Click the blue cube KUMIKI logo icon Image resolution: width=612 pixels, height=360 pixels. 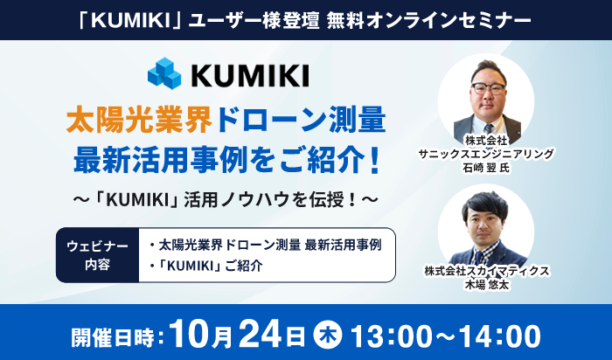click(164, 73)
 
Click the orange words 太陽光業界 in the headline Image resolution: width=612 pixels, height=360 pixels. click(139, 121)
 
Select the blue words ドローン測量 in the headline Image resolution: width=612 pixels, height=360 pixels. click(302, 121)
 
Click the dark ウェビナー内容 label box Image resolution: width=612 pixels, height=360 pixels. click(98, 255)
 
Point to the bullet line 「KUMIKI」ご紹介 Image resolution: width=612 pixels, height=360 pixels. click(206, 266)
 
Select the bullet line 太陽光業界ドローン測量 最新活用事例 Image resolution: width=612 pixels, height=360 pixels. click(266, 246)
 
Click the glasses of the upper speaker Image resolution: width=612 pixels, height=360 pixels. click(488, 88)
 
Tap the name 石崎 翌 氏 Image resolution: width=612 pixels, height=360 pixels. click(486, 168)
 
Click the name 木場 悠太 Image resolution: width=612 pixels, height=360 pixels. click(487, 285)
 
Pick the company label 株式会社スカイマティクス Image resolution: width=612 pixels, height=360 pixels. click(487, 271)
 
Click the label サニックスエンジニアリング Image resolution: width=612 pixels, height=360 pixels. click(486, 154)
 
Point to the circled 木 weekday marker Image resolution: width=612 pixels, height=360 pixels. click(328, 335)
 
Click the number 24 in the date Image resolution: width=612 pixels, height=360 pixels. click(260, 335)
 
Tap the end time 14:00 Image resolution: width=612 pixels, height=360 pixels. click(500, 336)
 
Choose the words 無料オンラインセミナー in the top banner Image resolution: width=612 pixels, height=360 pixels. click(429, 21)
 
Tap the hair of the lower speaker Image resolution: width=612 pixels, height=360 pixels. click(485, 204)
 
